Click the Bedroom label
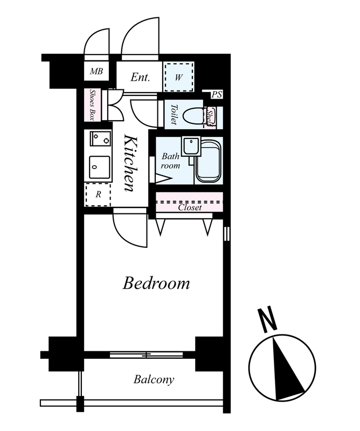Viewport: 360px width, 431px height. tap(156, 283)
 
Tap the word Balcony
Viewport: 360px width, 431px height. tap(154, 380)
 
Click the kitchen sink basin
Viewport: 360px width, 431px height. tap(100, 168)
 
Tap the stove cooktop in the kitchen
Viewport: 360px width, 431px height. tap(100, 139)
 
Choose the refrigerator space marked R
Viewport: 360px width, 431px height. tap(98, 194)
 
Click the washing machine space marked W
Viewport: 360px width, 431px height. tap(179, 77)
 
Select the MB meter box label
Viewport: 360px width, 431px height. tap(96, 72)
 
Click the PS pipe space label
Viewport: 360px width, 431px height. tap(217, 95)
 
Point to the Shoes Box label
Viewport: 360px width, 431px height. tap(92, 105)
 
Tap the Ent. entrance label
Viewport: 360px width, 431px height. tap(140, 77)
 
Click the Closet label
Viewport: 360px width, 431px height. tap(190, 207)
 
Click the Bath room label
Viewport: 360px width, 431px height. tap(170, 161)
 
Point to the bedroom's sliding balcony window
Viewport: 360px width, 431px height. tap(146, 355)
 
